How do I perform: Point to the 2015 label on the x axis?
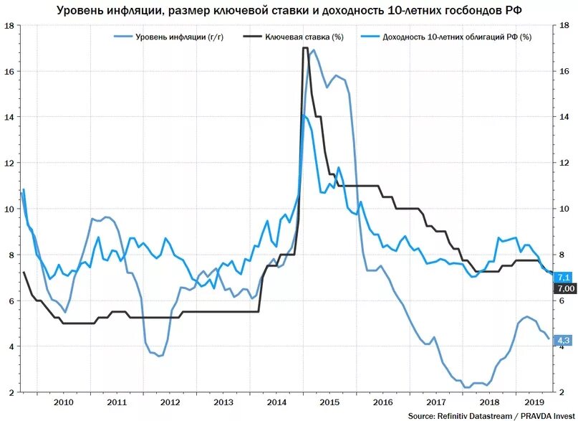(329, 402)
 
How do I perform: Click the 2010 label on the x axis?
(64, 402)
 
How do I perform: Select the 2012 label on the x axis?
(170, 402)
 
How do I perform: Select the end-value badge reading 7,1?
(563, 277)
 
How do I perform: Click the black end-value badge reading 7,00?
(564, 288)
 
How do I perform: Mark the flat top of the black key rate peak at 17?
(305, 48)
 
